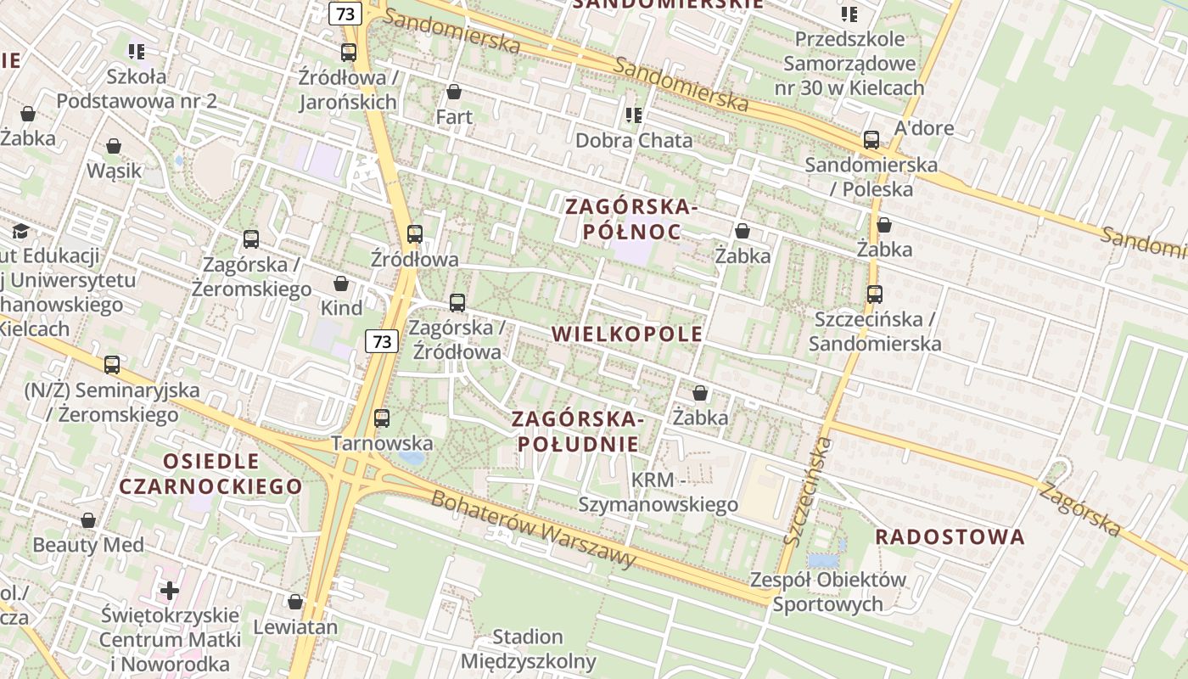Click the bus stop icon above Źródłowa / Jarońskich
click(349, 53)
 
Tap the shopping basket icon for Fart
click(454, 92)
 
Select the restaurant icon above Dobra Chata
click(634, 115)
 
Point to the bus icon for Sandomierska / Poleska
click(871, 140)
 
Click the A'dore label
click(924, 128)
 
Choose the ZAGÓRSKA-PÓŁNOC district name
click(631, 219)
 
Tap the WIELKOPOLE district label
click(627, 334)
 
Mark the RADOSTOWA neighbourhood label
click(950, 536)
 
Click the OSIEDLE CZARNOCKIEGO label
click(210, 474)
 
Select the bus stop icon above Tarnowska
click(382, 418)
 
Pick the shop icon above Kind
click(341, 283)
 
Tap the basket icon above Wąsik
click(114, 147)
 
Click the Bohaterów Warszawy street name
click(533, 528)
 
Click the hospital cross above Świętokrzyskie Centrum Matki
click(170, 590)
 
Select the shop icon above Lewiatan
click(295, 602)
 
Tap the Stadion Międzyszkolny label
click(528, 648)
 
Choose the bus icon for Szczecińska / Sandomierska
click(875, 295)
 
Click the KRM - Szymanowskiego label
click(658, 492)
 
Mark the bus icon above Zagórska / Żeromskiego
click(251, 239)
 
